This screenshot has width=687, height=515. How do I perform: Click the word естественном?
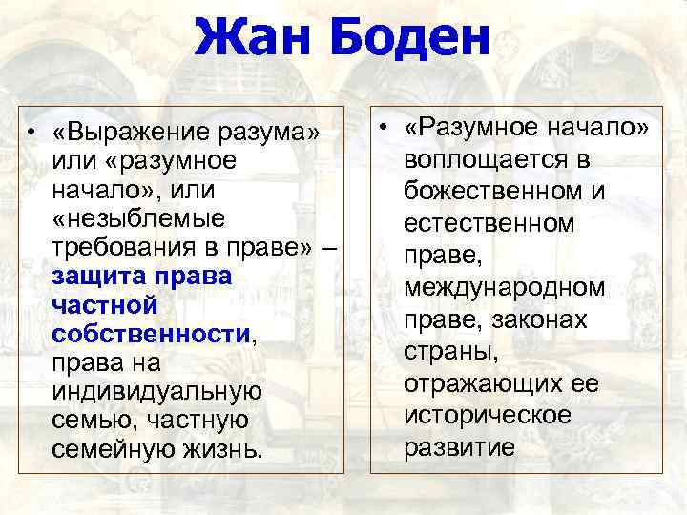tap(489, 223)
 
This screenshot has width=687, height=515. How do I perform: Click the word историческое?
tap(486, 416)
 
